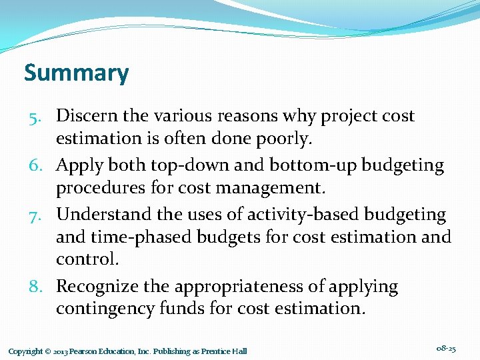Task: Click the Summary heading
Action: point(76,72)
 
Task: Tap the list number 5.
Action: point(35,116)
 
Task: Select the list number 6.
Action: point(35,165)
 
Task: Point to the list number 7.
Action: point(35,215)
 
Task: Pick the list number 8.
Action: point(35,287)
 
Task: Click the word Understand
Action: point(100,214)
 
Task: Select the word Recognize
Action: point(97,287)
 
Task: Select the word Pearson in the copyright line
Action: point(81,351)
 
